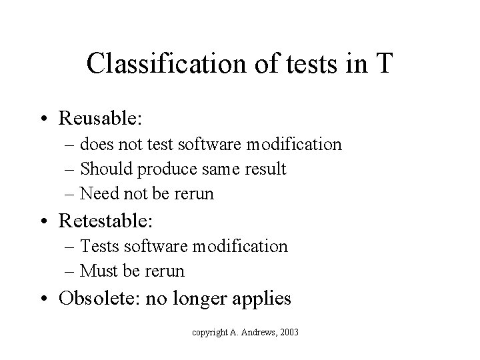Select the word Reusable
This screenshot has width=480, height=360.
tap(109, 119)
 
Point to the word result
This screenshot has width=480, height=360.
tap(265, 169)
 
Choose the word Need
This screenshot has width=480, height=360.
tap(98, 194)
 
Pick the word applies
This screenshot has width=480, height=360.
tap(261, 299)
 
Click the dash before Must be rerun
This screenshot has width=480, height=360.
tap(71, 272)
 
